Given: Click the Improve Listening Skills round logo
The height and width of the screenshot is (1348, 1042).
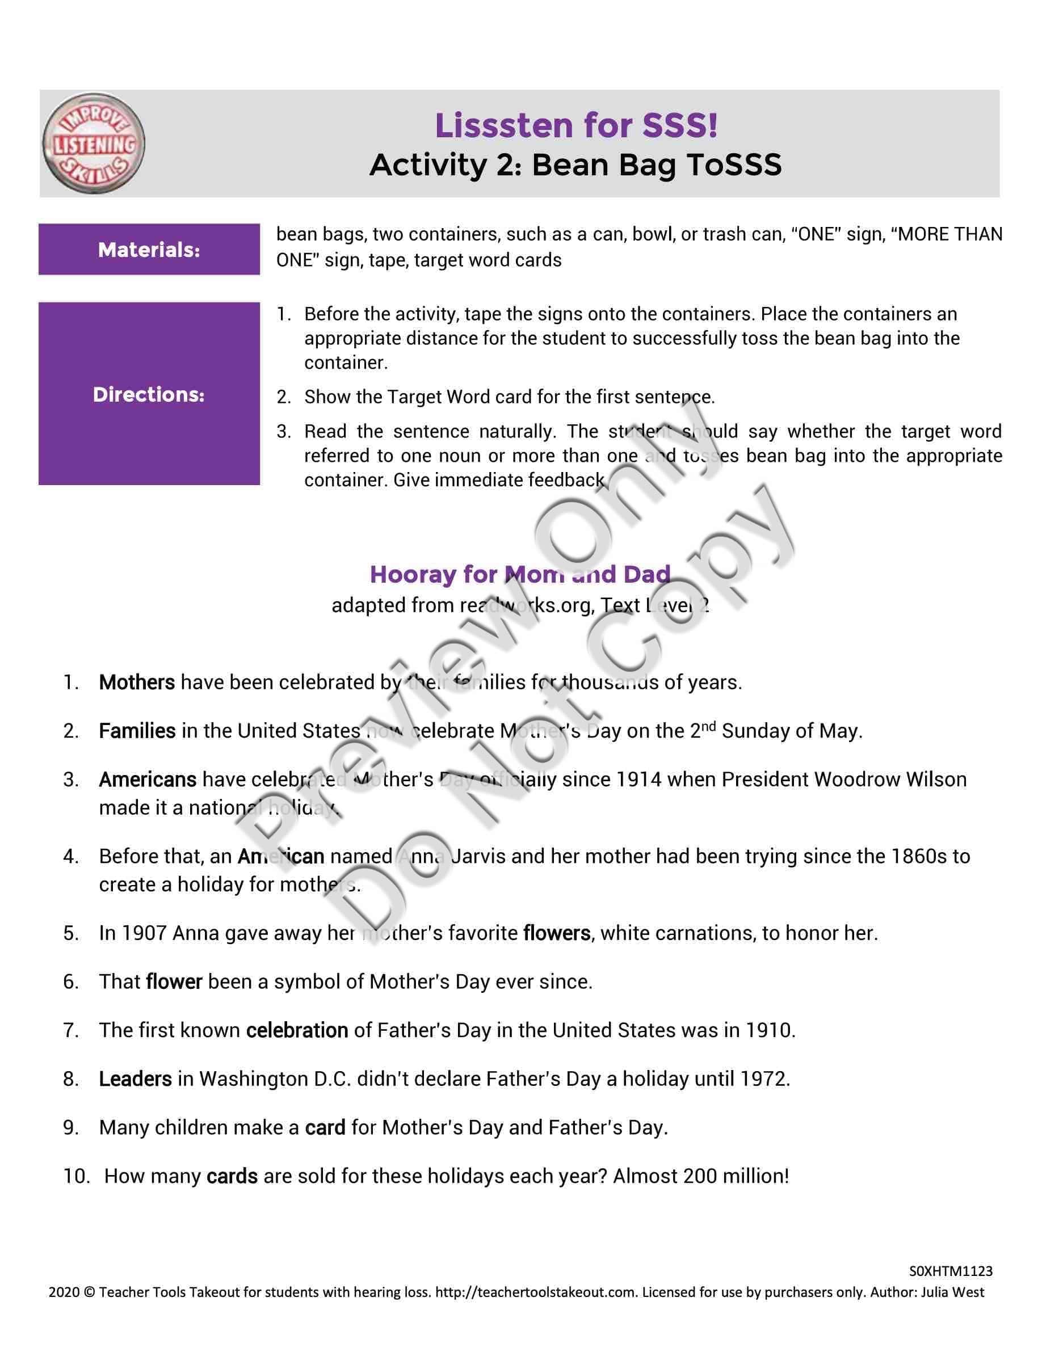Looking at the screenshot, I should [x=93, y=144].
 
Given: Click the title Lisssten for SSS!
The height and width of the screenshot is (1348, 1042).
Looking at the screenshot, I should [x=576, y=125].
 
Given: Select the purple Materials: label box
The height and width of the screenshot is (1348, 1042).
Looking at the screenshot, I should [x=149, y=250].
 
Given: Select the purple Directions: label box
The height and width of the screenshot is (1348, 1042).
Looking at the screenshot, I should [x=149, y=394].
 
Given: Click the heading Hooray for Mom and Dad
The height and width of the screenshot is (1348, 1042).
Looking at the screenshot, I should [x=520, y=574].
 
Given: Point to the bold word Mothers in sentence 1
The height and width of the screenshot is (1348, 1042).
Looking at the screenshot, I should [x=137, y=682].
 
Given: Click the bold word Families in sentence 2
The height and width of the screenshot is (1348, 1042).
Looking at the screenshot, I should [x=137, y=731].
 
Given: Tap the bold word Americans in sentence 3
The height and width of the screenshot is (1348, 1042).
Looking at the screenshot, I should [x=148, y=780].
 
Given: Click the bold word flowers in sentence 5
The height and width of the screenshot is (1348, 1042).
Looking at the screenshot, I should [x=557, y=933].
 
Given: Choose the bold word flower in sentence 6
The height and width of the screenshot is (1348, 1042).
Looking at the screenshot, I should [x=174, y=981].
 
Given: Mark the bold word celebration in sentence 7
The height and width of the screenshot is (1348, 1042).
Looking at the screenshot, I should [x=297, y=1030].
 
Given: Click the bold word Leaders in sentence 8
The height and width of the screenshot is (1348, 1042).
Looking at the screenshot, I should [x=135, y=1079].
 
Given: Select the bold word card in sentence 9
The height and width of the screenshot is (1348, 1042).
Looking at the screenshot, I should [x=325, y=1128].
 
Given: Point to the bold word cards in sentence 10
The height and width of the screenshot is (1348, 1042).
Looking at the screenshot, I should [x=232, y=1177].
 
